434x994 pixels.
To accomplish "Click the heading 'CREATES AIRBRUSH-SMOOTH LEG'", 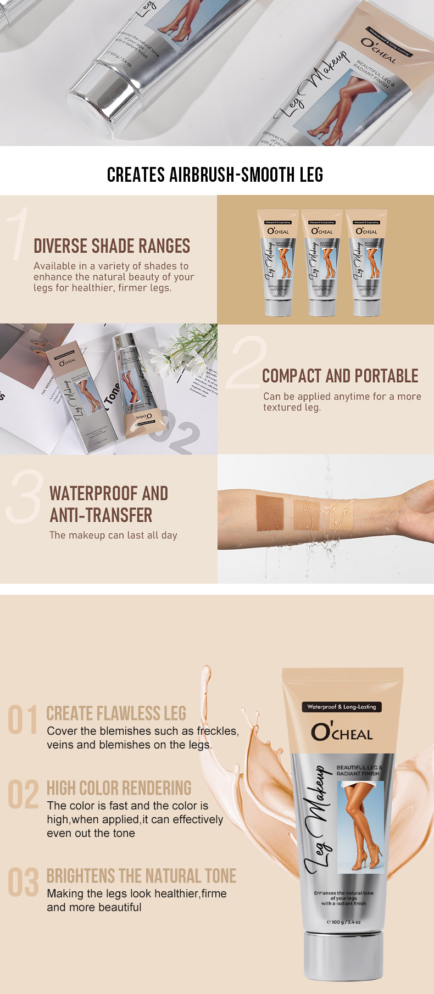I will click(215, 175).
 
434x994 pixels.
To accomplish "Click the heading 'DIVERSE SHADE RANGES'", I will click(112, 246).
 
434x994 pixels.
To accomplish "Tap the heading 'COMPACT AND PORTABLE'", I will click(340, 376).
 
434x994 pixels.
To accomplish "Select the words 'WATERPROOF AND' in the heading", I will click(109, 494).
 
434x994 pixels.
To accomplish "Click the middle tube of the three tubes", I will click(322, 263).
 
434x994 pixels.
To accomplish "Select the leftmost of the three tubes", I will click(278, 263).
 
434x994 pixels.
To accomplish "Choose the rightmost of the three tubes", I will click(366, 263).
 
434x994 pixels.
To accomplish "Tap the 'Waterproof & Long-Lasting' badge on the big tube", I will click(342, 707).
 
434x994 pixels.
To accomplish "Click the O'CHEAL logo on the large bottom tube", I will click(342, 732).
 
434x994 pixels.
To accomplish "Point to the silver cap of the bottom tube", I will click(343, 955).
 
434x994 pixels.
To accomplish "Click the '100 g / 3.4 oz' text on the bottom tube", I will click(344, 922).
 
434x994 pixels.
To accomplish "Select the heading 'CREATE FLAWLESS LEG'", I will click(116, 713).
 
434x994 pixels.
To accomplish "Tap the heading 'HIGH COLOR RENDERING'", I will click(119, 788).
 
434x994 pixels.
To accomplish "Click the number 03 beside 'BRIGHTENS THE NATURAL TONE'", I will click(24, 882).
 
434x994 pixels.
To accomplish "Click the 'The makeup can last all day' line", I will click(113, 535).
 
